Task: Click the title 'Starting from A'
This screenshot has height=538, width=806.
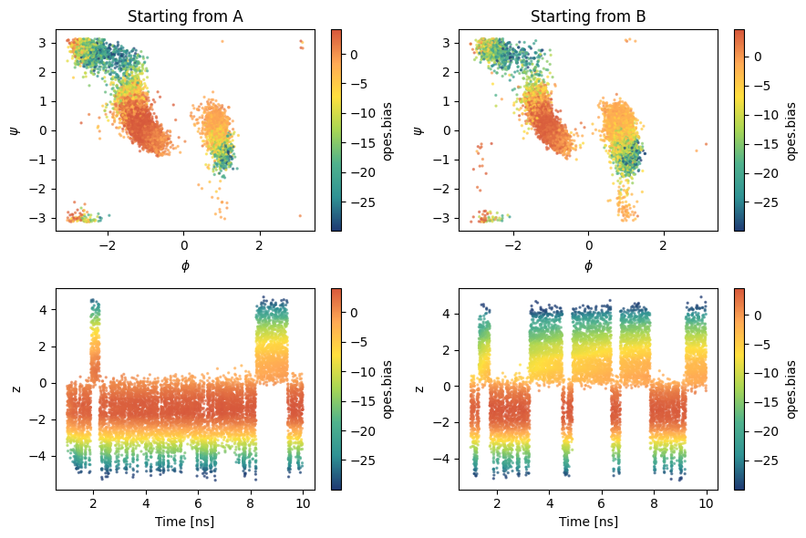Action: click(x=185, y=16)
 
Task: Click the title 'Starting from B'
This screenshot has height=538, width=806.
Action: click(x=588, y=16)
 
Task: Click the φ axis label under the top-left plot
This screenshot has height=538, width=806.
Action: click(x=185, y=265)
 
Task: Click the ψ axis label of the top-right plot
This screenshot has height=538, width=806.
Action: click(x=418, y=130)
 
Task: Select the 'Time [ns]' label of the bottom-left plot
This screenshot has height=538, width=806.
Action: click(x=185, y=522)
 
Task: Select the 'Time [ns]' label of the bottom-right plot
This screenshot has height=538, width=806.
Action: click(x=588, y=522)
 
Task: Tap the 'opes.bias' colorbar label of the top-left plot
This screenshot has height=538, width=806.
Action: click(x=387, y=131)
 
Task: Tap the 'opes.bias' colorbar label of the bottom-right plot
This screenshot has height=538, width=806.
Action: click(x=791, y=389)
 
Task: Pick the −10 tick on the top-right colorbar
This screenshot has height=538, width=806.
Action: click(x=767, y=115)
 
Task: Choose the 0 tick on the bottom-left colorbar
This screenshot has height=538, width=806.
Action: click(x=354, y=313)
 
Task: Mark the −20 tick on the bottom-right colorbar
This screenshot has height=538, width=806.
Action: click(x=767, y=431)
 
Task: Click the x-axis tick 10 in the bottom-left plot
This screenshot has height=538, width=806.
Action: click(x=303, y=503)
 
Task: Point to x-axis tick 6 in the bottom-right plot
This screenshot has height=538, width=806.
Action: click(x=602, y=503)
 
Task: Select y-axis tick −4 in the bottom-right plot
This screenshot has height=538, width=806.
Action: click(x=445, y=459)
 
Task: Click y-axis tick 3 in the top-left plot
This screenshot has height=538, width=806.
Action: click(x=43, y=43)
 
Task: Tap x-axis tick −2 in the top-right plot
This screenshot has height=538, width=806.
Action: click(x=512, y=245)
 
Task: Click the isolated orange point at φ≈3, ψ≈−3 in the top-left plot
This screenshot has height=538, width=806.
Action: click(x=300, y=216)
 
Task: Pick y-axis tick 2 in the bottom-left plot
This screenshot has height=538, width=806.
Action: click(x=43, y=347)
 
